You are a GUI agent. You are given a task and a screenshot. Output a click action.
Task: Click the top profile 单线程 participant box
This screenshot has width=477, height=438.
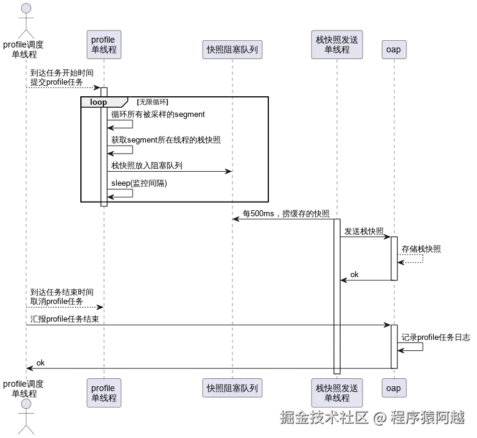103,45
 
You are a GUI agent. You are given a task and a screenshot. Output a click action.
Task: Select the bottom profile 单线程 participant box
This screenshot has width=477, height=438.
103,393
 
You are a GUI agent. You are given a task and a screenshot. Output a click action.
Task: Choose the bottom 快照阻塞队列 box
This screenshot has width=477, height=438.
231,388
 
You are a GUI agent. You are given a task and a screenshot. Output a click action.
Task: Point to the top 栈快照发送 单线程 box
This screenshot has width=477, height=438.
337,45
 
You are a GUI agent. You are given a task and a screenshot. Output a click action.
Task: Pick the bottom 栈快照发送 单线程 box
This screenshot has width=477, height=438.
337,393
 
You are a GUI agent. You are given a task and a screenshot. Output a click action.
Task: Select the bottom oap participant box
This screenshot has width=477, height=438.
394,388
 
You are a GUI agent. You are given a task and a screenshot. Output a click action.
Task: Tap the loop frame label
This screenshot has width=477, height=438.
99,102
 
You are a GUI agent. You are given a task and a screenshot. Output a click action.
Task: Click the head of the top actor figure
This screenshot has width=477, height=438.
26,8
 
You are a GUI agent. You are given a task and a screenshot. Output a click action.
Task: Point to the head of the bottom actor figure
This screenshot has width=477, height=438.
26,404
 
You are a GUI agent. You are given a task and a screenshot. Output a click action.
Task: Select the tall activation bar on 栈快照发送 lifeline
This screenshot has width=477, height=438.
336,292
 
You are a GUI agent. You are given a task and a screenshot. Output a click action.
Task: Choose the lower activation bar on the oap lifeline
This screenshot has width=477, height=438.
394,346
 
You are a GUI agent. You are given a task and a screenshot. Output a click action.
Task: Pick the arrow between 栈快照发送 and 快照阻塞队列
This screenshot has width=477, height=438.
283,221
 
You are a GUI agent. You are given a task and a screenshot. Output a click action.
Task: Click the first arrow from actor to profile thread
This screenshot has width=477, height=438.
64,89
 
